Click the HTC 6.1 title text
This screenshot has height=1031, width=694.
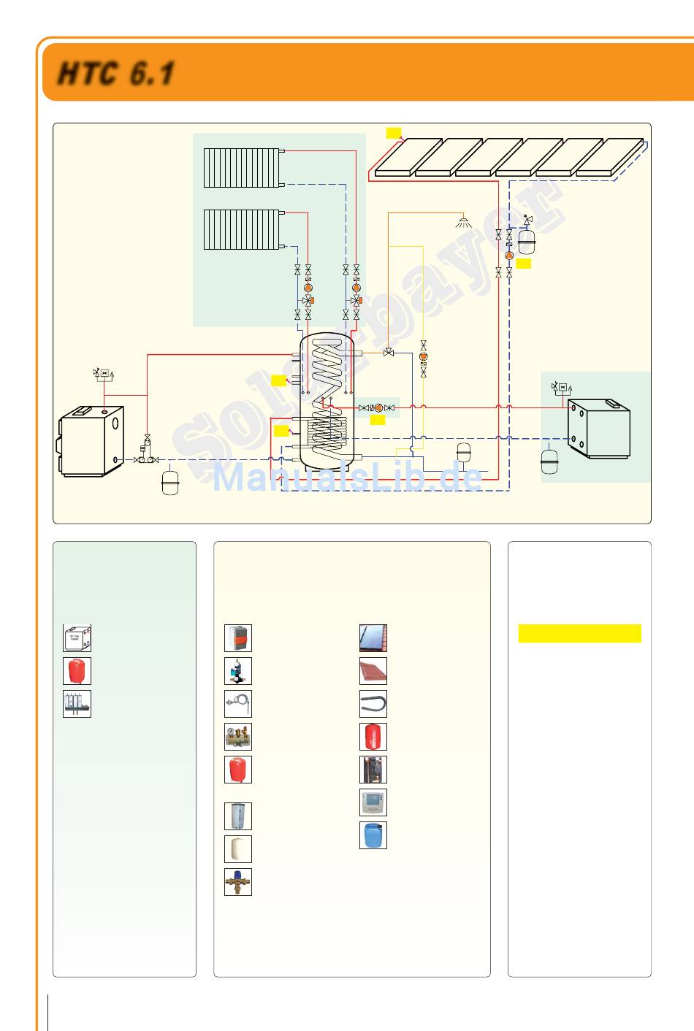tap(116, 74)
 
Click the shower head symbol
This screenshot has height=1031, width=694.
tap(463, 221)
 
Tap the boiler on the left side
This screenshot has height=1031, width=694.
tap(91, 441)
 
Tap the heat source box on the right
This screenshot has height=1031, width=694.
tap(598, 429)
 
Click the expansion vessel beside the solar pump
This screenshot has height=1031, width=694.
tap(527, 241)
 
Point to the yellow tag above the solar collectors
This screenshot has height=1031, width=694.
tap(393, 132)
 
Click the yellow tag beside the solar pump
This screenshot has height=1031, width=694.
tap(523, 264)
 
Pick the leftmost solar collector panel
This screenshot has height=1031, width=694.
tap(408, 157)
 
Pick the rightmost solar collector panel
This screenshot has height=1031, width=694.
tap(610, 157)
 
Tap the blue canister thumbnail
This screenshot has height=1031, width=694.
tap(373, 835)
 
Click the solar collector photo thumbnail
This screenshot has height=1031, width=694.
tap(373, 638)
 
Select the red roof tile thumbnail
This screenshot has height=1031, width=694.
tap(373, 671)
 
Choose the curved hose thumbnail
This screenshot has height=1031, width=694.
tap(373, 704)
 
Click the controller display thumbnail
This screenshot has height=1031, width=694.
tap(373, 802)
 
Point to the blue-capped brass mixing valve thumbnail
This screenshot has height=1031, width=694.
tap(238, 882)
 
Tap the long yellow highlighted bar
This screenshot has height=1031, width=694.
tap(579, 633)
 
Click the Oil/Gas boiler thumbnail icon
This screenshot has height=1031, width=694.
tap(77, 638)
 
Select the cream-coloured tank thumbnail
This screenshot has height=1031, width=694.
tap(238, 849)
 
